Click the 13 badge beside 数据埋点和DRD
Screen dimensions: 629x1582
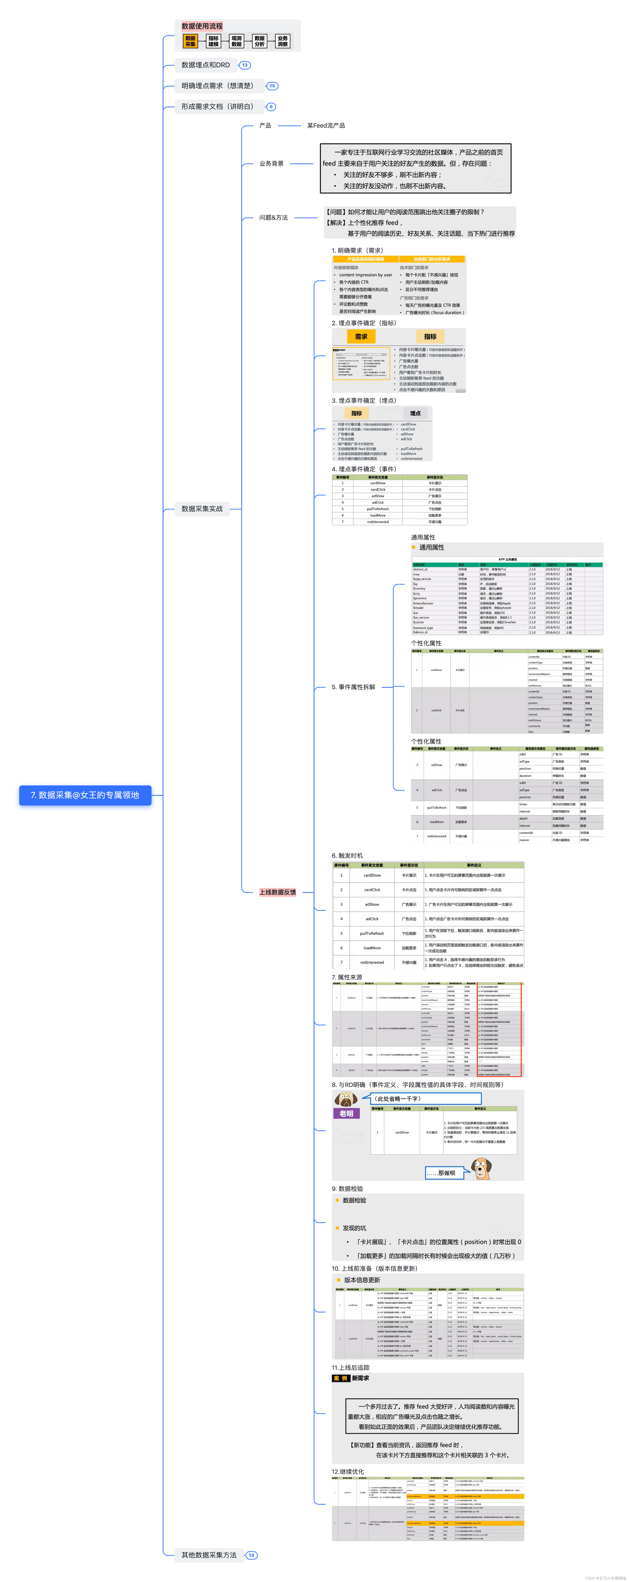click(244, 65)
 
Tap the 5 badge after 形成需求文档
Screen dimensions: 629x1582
click(271, 107)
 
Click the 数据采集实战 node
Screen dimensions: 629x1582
click(202, 509)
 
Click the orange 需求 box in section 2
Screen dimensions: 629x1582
click(361, 337)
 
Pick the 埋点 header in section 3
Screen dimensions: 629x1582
click(415, 413)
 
